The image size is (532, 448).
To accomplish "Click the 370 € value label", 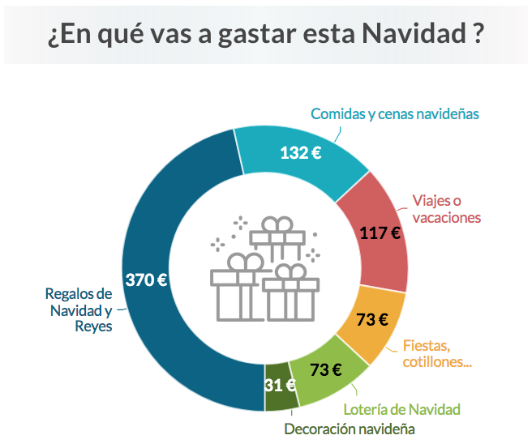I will point(147,280).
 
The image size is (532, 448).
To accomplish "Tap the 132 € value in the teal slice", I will point(300,151).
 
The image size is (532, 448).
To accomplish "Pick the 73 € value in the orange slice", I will point(371,318).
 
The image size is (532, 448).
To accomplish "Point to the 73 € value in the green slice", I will point(325,369).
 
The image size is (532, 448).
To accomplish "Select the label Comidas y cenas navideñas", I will point(395,113).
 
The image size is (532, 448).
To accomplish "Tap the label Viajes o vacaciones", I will point(446,208).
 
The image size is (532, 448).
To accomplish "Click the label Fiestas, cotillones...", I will point(438,353).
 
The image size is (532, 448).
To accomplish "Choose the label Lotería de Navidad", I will point(401,408).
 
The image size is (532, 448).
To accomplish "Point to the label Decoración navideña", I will point(350,429).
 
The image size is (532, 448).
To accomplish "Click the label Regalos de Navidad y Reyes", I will point(79,309).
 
